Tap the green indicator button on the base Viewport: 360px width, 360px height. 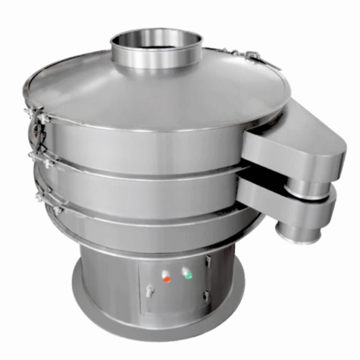click(x=187, y=275)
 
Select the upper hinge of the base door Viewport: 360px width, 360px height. click(x=208, y=262)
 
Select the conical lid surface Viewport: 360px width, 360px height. click(x=150, y=90)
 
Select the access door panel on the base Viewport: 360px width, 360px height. click(x=174, y=288)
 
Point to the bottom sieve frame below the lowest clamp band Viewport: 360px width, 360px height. click(x=150, y=231)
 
